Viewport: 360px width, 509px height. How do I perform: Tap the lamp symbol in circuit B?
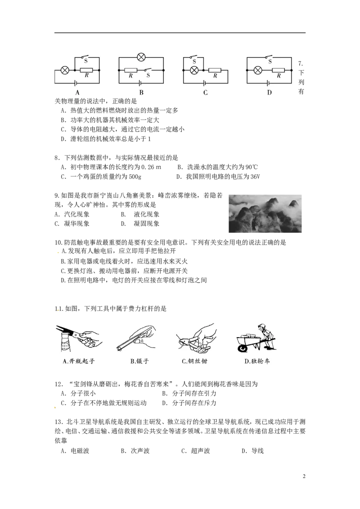pyautogui.click(x=141, y=58)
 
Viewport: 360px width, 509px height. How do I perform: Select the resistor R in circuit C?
pyautogui.click(x=215, y=70)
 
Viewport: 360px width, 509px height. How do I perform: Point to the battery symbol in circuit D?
pyautogui.click(x=268, y=83)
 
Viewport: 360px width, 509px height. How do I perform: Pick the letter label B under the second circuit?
pyautogui.click(x=141, y=93)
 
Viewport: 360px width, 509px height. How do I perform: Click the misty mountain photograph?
pyautogui.click(x=265, y=214)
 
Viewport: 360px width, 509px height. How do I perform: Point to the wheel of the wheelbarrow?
pyautogui.click(x=242, y=348)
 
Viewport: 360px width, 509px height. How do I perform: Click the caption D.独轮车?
pyautogui.click(x=257, y=362)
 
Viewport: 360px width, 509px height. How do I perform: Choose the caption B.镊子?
pyautogui.click(x=139, y=362)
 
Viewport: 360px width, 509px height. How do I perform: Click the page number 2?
pyautogui.click(x=304, y=477)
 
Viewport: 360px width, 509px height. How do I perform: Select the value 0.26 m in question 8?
pyautogui.click(x=151, y=167)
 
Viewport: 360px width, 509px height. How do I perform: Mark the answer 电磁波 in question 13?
pyautogui.click(x=80, y=451)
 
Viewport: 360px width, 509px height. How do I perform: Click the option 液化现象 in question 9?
pyautogui.click(x=147, y=214)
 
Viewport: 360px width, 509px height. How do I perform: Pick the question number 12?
pyautogui.click(x=58, y=384)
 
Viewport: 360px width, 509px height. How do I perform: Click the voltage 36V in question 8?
pyautogui.click(x=255, y=177)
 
